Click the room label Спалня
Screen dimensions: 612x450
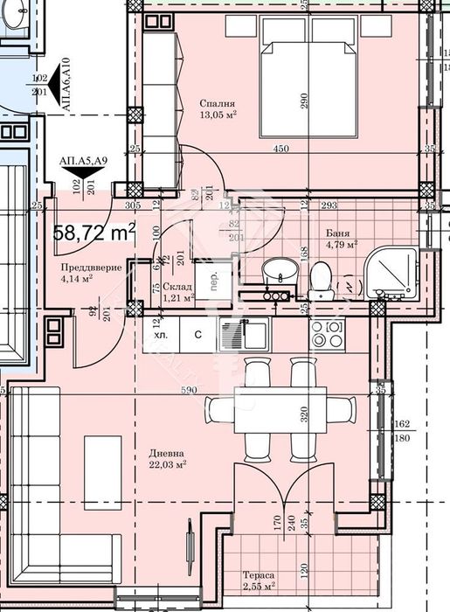pos(217,102)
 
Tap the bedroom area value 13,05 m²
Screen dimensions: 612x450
pos(218,115)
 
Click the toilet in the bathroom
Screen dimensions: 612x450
pos(321,278)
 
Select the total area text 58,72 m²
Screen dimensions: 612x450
pos(94,232)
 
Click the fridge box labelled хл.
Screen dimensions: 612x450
pos(161,333)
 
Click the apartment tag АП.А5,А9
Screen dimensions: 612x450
pos(84,160)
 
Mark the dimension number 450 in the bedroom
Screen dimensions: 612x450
pos(280,149)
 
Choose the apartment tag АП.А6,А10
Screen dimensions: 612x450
pos(66,86)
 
